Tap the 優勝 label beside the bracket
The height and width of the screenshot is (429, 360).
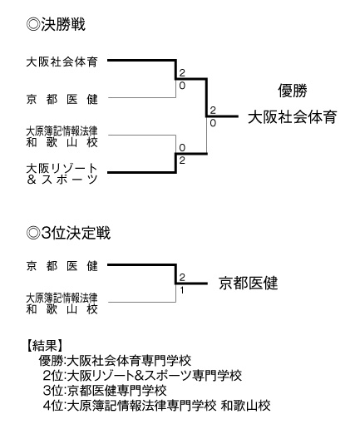(293, 91)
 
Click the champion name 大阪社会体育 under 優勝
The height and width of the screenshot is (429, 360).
(292, 117)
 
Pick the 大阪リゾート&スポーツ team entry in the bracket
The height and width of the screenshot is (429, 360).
(62, 173)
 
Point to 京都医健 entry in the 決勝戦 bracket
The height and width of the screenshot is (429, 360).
(62, 99)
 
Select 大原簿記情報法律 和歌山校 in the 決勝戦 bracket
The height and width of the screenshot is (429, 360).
(62, 136)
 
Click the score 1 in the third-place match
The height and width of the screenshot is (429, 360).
(181, 290)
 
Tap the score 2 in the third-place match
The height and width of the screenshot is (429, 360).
(181, 276)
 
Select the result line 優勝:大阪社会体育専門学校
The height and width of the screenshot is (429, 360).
(116, 361)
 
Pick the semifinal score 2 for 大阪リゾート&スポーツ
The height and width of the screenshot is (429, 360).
(181, 160)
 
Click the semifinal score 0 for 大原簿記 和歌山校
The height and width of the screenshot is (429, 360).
(181, 146)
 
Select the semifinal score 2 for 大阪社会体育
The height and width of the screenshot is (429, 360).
(181, 72)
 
